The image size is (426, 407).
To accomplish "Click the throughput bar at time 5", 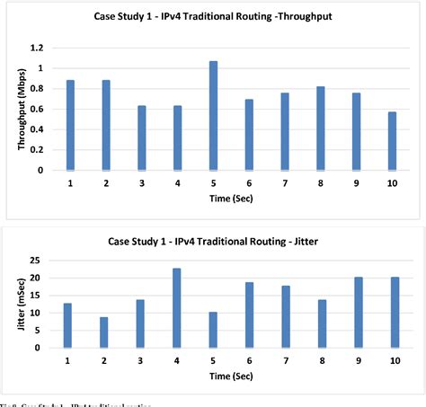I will click(x=213, y=115).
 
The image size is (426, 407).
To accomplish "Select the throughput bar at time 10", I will click(x=391, y=140).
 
